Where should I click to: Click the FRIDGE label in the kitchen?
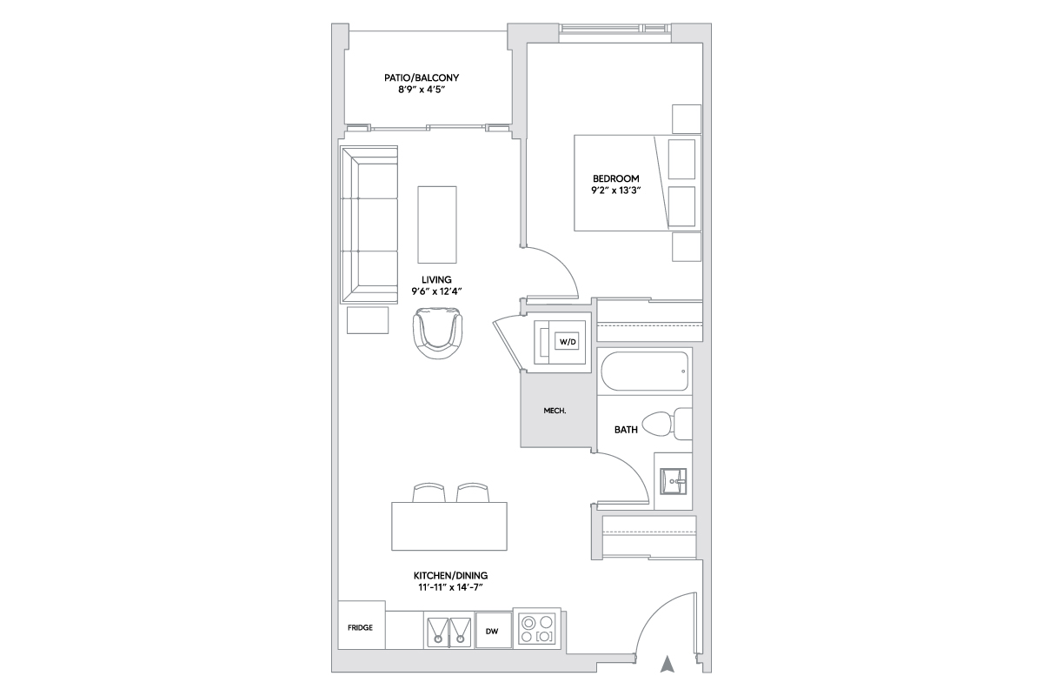pyautogui.click(x=360, y=627)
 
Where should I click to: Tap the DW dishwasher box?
pyautogui.click(x=493, y=631)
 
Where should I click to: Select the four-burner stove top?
pyautogui.click(x=537, y=629)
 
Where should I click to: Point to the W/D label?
pyautogui.click(x=567, y=342)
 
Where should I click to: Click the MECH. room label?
pyautogui.click(x=555, y=411)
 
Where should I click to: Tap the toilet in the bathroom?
pyautogui.click(x=667, y=424)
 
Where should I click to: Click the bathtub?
pyautogui.click(x=644, y=371)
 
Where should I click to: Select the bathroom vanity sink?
pyautogui.click(x=673, y=481)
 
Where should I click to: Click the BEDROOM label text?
pyautogui.click(x=615, y=178)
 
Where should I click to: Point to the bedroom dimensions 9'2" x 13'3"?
pyautogui.click(x=615, y=191)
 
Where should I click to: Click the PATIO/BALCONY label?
pyautogui.click(x=422, y=77)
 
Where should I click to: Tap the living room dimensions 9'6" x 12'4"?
pyautogui.click(x=436, y=291)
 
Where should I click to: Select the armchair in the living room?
pyautogui.click(x=438, y=333)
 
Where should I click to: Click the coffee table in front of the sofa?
pyautogui.click(x=436, y=224)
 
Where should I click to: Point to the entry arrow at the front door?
pyautogui.click(x=668, y=664)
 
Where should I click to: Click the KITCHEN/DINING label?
pyautogui.click(x=450, y=576)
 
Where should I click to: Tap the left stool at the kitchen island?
pyautogui.click(x=428, y=492)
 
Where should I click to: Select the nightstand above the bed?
pyautogui.click(x=687, y=119)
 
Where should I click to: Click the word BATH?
pyautogui.click(x=626, y=430)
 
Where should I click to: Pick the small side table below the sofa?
pyautogui.click(x=368, y=320)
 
